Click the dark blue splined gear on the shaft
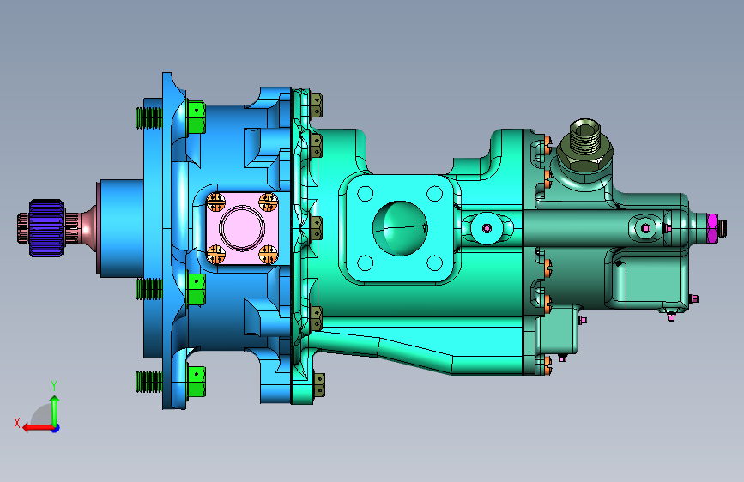pos(46,228)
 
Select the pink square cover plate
pos(242,228)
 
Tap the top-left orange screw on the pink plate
pos(216,202)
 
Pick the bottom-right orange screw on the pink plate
pos(268,254)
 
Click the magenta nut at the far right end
pos(711,228)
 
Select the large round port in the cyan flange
pos(400,228)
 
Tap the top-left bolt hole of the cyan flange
pos(366,194)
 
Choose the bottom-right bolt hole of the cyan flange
pos(434,262)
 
